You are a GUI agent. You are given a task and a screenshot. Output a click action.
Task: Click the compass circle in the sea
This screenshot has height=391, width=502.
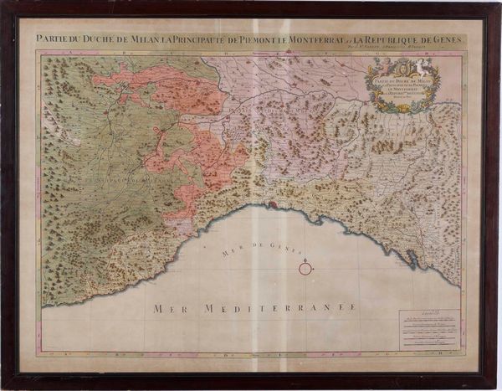coord(306,268)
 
